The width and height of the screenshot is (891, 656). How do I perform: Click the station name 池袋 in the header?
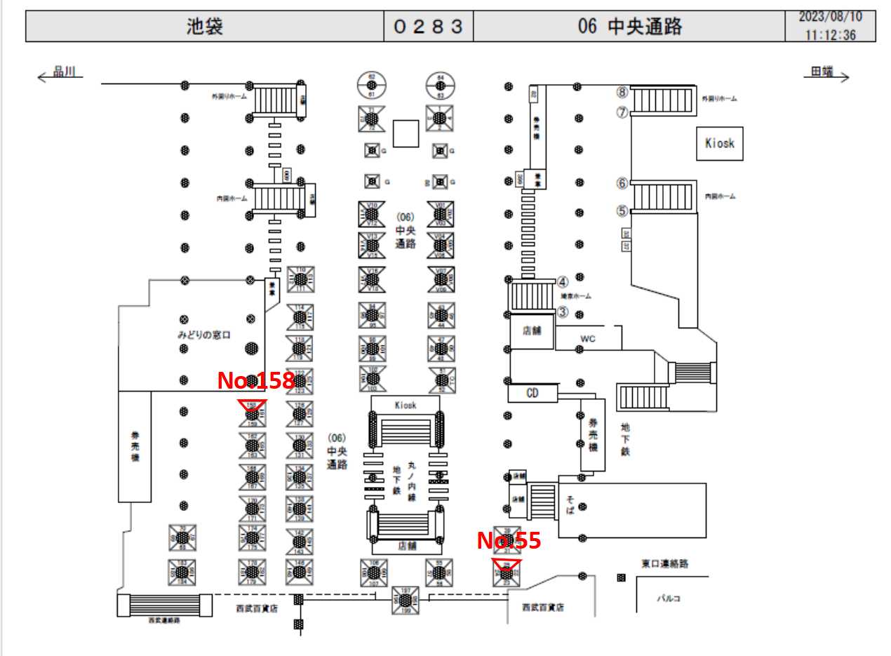pos(204,27)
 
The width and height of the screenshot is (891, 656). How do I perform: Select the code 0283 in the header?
pos(428,27)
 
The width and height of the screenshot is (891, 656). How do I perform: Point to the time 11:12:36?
pos(831,35)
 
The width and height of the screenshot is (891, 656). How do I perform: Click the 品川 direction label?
pos(68,72)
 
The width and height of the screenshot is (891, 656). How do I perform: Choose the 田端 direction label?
pos(822,72)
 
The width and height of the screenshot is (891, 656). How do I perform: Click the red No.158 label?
pos(255,381)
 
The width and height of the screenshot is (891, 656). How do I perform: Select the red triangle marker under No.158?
pos(252,406)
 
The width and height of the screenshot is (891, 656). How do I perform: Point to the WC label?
pos(588,339)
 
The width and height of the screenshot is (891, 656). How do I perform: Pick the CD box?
pos(532,393)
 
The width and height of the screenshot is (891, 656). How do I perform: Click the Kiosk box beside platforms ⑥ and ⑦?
pos(719,143)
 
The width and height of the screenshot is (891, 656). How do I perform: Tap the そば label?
pos(570,504)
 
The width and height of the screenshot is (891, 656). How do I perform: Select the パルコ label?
pos(668,598)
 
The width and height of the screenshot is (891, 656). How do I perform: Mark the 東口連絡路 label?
pos(664,563)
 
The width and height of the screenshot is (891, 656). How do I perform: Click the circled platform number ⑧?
pos(622,92)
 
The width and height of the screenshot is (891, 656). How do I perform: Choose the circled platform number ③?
pos(562,312)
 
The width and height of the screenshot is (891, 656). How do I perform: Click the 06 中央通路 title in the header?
pos(629,27)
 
